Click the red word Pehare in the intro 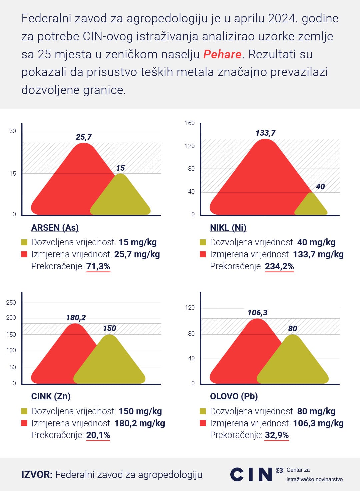(x=222, y=54)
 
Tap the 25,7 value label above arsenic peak (x=84, y=137)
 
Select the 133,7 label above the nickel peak (x=265, y=133)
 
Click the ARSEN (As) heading (x=55, y=228)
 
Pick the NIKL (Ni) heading (x=228, y=228)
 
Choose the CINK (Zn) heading (x=51, y=396)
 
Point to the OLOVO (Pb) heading (x=234, y=396)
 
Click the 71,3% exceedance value (x=98, y=266)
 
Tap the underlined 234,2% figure (x=279, y=266)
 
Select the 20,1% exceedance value (x=98, y=435)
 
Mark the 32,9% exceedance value (x=277, y=435)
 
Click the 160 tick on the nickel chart (x=190, y=123)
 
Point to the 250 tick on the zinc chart (x=11, y=303)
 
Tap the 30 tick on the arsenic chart (x=13, y=131)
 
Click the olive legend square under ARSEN (x=24, y=242)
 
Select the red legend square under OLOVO (x=203, y=423)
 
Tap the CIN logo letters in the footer (x=251, y=474)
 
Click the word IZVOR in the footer (x=37, y=474)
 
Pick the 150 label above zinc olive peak (x=109, y=328)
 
